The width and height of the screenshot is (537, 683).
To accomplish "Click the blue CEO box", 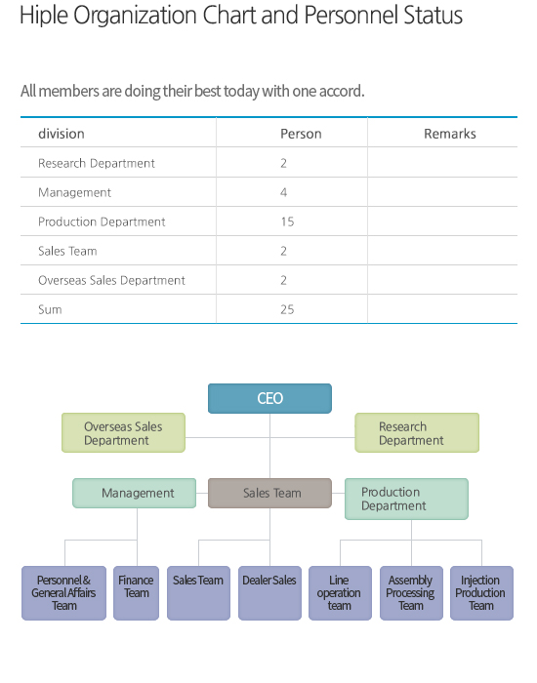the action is pos(269,398).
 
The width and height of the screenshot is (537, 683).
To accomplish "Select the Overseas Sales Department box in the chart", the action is pos(123,432).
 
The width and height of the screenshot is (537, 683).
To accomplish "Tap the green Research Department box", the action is pos(417,432).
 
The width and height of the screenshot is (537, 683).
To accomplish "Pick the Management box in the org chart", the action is pos(135,493).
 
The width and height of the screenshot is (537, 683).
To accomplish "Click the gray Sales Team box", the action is pos(269,493).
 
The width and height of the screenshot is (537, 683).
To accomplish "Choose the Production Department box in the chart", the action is pos(407,499).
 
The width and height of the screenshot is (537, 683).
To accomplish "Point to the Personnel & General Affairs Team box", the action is pos(64,593).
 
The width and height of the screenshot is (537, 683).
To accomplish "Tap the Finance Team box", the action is pos(137,593).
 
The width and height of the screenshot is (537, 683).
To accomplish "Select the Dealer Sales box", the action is pos(269,593).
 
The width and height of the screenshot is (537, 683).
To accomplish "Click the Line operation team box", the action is pos(341,593).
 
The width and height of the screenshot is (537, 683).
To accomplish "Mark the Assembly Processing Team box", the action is pos(411,593).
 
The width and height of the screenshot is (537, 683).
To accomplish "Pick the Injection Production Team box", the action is pos(481,593).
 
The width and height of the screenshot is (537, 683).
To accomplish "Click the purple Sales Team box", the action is pos(199,593).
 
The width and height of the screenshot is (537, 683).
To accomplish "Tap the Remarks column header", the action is pos(450,134).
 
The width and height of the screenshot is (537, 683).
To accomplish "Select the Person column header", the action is pos(301,134).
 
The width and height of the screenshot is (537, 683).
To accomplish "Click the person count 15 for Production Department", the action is pos(287,221).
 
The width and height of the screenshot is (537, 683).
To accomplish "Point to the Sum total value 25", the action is pos(287,309).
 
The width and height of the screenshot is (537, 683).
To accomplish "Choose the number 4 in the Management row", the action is pos(284,192).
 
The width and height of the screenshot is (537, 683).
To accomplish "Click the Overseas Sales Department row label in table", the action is pos(111,280).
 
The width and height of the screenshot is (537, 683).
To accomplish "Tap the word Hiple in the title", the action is pos(44,16).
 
